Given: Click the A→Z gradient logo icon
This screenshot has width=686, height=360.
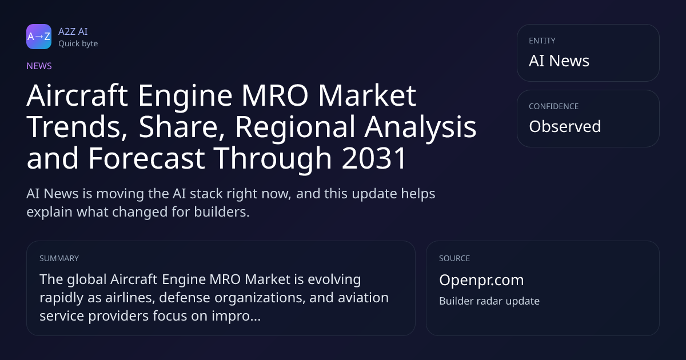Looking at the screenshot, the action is click(x=39, y=37).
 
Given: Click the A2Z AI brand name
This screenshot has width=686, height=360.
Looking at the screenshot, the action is click(x=73, y=31).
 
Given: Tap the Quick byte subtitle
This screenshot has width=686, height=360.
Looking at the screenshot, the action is click(x=78, y=44).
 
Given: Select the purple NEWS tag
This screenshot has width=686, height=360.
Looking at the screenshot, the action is click(x=39, y=66).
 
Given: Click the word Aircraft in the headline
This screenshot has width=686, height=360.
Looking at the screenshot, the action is click(x=77, y=95).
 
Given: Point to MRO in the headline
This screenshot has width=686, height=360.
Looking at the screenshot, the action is click(x=275, y=95).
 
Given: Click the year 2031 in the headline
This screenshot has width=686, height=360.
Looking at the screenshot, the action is click(x=374, y=158).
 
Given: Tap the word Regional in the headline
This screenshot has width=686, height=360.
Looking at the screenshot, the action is click(x=295, y=127).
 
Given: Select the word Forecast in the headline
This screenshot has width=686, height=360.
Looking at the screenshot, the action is click(x=146, y=158).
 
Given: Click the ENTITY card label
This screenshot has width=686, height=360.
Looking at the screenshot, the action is click(x=542, y=41).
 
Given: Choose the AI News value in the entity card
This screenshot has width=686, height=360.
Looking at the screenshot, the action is click(x=559, y=61).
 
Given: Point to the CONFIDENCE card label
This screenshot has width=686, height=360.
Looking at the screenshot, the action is click(x=553, y=106).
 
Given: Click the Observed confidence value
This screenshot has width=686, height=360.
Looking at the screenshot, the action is click(x=565, y=126).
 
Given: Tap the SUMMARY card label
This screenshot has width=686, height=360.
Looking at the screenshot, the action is click(x=59, y=258).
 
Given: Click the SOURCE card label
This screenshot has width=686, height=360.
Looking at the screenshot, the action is click(x=454, y=258).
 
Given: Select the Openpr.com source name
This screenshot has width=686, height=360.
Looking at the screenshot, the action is click(x=481, y=280).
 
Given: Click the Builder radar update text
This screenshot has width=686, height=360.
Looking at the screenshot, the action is click(x=489, y=301).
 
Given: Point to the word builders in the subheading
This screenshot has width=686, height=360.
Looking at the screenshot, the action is click(x=221, y=212).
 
